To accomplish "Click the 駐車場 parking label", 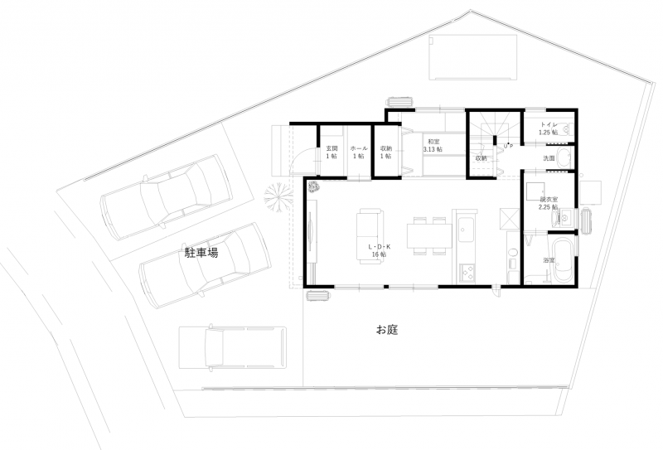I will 201,254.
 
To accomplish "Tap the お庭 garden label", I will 387,330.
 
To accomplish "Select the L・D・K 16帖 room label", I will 379,251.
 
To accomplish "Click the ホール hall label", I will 358,152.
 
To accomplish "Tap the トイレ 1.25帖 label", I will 548,128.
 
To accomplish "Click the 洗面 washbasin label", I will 549,157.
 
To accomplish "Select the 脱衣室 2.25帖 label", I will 549,203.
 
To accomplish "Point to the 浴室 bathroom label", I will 548,260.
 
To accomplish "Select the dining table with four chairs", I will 428,234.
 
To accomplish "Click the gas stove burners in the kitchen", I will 467,271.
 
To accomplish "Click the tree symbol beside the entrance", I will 278,196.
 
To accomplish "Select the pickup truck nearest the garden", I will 232,346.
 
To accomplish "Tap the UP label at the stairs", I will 508,146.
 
